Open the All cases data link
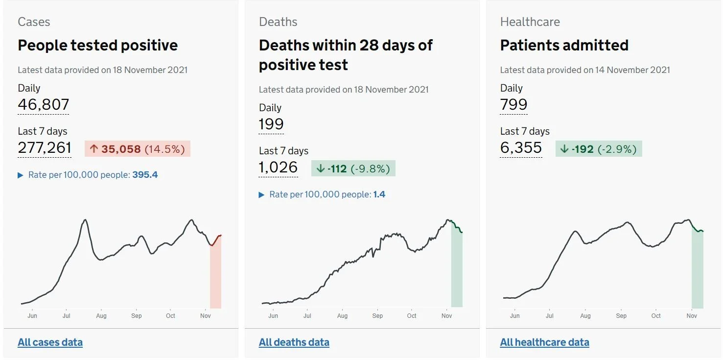point(50,342)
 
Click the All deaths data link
point(294,342)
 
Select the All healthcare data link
point(544,342)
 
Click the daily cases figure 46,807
point(43,104)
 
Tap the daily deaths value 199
point(271,124)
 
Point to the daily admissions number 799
point(513,104)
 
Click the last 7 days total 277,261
point(45,147)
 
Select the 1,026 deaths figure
point(278,167)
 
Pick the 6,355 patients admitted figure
point(521,147)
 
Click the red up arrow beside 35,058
point(93,148)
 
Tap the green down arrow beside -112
point(320,168)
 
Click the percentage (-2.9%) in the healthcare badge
point(617,149)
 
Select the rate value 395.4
point(145,175)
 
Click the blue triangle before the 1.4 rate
point(261,194)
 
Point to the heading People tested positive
point(97,45)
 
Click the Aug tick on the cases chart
point(101,315)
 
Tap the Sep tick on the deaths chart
point(377,315)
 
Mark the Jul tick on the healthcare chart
point(549,315)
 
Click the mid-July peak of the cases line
point(85,220)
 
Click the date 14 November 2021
point(632,70)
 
